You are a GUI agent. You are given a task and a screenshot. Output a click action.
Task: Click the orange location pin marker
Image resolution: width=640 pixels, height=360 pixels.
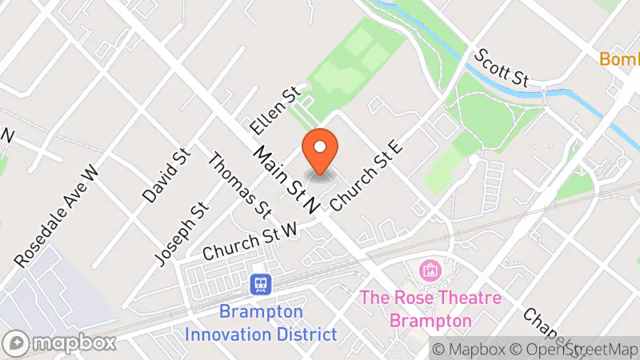coord(320,152)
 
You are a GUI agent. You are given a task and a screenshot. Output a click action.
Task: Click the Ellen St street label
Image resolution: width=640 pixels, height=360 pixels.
coord(274,110)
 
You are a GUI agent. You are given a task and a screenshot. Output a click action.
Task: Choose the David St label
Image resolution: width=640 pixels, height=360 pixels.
coord(164,174)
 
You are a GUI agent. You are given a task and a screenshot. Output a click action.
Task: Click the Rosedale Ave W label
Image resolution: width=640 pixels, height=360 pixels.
coord(57,216)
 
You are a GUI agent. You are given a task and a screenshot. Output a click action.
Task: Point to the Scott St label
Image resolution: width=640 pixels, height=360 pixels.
coord(502,67)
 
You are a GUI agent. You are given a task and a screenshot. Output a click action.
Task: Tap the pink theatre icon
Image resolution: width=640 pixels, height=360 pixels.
coord(430,270)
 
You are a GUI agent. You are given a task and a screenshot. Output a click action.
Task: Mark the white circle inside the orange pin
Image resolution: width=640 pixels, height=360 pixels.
coord(320,146)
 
